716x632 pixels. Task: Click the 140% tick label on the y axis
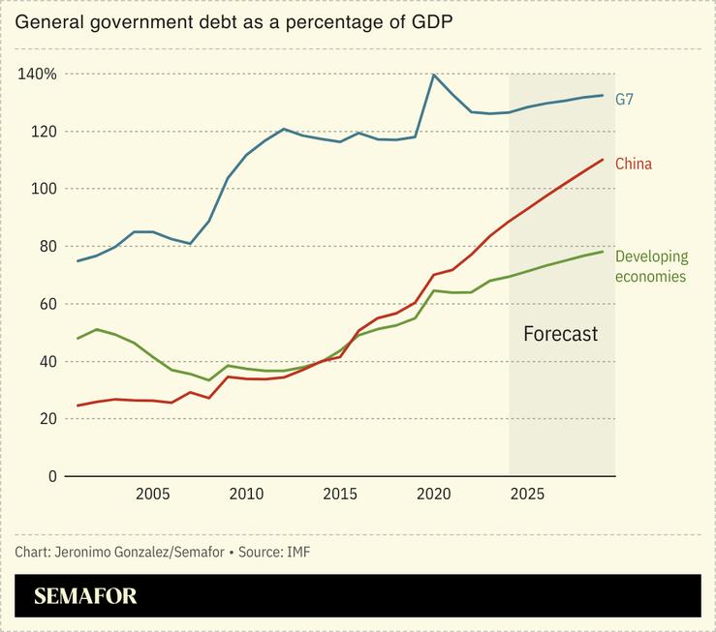[x=37, y=75]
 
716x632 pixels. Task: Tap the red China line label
[x=634, y=165]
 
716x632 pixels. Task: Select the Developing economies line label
[x=651, y=267]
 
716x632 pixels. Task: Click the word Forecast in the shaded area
[x=560, y=335]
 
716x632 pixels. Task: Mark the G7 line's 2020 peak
[x=434, y=75]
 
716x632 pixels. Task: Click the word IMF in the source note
[x=297, y=552]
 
